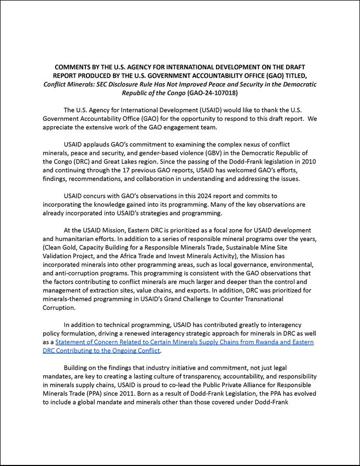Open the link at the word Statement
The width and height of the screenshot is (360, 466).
[x=72, y=342]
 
